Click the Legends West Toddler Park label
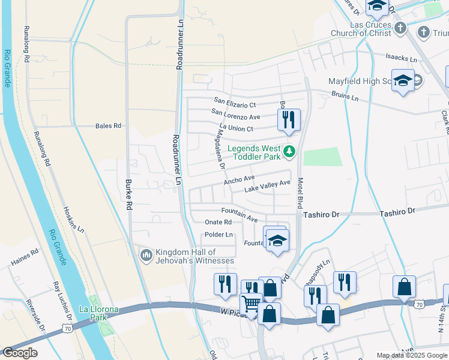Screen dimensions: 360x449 pyautogui.click(x=253, y=152)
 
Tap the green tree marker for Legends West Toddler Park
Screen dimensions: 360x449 pyautogui.click(x=290, y=151)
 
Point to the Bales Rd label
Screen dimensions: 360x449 pyautogui.click(x=108, y=126)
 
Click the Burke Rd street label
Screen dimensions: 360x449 pyautogui.click(x=128, y=194)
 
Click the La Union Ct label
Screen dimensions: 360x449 pyautogui.click(x=237, y=128)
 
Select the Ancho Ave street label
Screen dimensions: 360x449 pyautogui.click(x=240, y=179)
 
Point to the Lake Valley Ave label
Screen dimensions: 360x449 pyautogui.click(x=267, y=186)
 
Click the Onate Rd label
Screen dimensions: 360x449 pyautogui.click(x=218, y=222)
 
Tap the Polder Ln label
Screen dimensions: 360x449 pyautogui.click(x=218, y=235)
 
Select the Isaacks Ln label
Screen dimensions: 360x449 pyautogui.click(x=401, y=59)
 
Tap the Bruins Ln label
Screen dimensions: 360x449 pyautogui.click(x=345, y=97)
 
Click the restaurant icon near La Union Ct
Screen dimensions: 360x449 pyautogui.click(x=289, y=120)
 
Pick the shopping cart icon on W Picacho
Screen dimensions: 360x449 pyautogui.click(x=252, y=304)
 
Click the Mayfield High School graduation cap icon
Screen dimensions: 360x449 pyautogui.click(x=403, y=81)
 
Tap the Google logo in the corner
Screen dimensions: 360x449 pyautogui.click(x=20, y=353)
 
